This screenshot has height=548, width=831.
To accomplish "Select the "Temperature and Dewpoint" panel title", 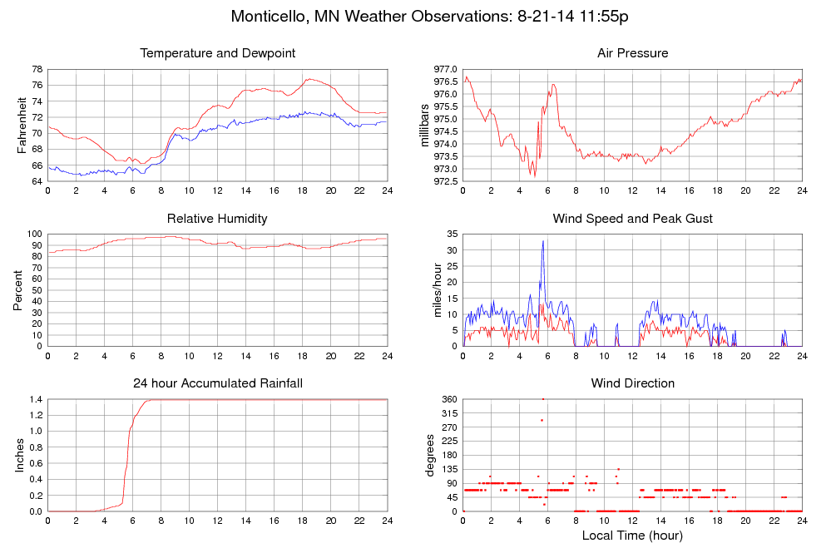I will click(217, 53).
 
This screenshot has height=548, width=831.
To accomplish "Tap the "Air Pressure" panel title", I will click(632, 53).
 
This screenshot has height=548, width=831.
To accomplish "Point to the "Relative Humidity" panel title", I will click(217, 219).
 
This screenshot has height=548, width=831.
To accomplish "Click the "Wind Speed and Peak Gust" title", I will click(632, 219).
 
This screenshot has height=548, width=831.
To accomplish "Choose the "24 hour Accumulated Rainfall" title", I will click(217, 383).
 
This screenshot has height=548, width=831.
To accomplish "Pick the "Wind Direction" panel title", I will click(632, 383).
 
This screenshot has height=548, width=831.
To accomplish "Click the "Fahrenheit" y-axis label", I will click(22, 126).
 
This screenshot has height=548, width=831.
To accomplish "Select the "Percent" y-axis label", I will click(18, 290).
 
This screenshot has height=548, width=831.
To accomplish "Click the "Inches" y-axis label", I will click(19, 456).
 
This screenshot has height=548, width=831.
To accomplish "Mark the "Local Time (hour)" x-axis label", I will click(632, 536).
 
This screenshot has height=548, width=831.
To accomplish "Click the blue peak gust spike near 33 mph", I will click(543, 241).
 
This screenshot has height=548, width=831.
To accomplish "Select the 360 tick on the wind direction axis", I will click(449, 400).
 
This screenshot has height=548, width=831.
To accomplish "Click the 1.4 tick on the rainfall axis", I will click(36, 400).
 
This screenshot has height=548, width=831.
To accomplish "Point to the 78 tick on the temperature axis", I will click(38, 69).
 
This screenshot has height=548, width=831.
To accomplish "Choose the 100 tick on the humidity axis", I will click(35, 235).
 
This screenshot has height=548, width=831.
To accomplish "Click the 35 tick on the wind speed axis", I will click(452, 235).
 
